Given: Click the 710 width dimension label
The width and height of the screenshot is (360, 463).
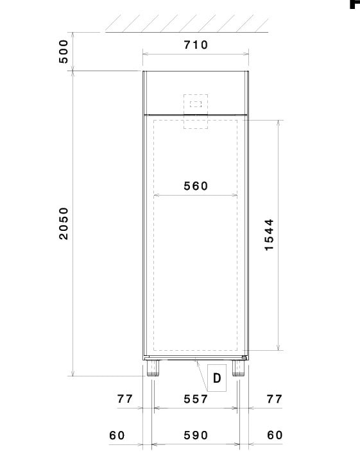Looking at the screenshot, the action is [x=196, y=45].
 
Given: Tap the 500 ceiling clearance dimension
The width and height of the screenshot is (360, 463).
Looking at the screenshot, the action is [x=64, y=52].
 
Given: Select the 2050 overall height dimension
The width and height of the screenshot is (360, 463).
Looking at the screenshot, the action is [x=64, y=224].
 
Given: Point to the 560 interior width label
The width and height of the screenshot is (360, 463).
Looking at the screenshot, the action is [x=196, y=186].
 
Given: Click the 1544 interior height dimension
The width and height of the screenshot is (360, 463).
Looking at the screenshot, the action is [x=270, y=235].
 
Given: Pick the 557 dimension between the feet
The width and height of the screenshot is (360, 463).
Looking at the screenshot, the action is [x=196, y=400].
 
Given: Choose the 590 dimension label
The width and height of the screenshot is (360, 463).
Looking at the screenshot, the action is [x=196, y=435].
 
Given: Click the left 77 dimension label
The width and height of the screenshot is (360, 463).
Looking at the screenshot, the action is [x=125, y=399].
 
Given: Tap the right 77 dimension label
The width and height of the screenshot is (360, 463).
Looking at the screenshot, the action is [x=274, y=399].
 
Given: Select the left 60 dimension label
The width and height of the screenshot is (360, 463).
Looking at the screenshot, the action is [x=117, y=435].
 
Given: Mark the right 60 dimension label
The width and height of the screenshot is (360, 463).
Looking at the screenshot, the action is [x=275, y=435].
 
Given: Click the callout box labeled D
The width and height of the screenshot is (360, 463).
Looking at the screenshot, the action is [x=217, y=378].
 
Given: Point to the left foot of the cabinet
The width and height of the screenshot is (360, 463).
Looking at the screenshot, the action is [x=153, y=368].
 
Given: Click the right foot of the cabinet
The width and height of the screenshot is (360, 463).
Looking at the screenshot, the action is [x=238, y=368].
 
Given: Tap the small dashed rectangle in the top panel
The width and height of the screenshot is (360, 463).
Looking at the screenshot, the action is [x=196, y=104].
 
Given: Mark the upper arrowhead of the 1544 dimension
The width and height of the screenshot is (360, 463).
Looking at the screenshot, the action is [x=279, y=123].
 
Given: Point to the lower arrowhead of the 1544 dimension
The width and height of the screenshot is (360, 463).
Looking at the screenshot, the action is [x=279, y=348].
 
